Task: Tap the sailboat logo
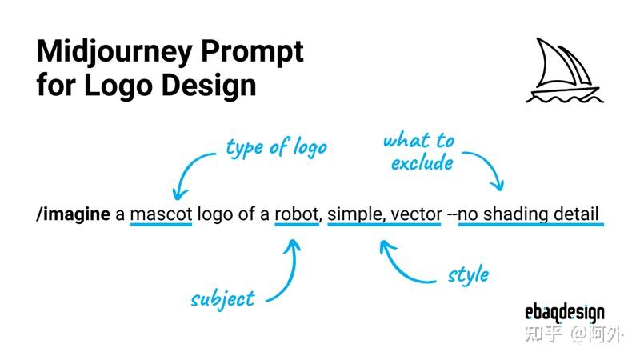pyautogui.click(x=565, y=70)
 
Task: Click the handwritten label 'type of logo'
pyautogui.click(x=276, y=147)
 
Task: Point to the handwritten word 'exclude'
pyautogui.click(x=422, y=163)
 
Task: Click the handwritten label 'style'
pyautogui.click(x=468, y=274)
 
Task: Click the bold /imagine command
pyautogui.click(x=74, y=214)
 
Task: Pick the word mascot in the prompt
pyautogui.click(x=162, y=214)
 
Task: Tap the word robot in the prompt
pyautogui.click(x=297, y=214)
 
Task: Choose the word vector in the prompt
pyautogui.click(x=416, y=214)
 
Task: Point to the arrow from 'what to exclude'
pyautogui.click(x=490, y=165)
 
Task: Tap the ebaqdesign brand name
pyautogui.click(x=565, y=313)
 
